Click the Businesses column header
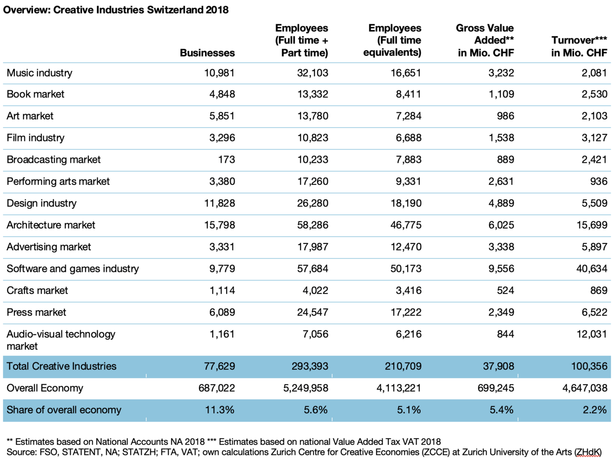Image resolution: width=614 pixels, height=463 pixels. coord(207,53)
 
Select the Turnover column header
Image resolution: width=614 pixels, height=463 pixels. coord(579,47)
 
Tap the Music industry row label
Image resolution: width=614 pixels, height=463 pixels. coord(39,73)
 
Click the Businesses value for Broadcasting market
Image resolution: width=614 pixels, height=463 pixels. coord(226,159)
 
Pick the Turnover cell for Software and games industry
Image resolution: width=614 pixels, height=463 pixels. coord(591,268)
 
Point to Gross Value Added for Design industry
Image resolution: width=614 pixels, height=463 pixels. coord(501,203)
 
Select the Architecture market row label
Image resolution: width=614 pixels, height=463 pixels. coord(51,225)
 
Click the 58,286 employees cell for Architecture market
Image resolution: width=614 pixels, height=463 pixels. coord(313,225)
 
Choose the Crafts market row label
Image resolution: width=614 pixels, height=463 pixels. coord(37,291)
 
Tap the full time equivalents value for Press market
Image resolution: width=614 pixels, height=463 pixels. coord(406,312)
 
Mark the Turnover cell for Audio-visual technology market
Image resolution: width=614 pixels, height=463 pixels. coord(591,334)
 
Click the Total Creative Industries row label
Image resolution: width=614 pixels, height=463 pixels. coord(61,366)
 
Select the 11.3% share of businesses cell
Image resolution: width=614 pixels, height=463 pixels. coord(219,410)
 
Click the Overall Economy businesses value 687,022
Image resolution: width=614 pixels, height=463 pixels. coord(217,388)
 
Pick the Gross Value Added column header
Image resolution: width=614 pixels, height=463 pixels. coord(485,40)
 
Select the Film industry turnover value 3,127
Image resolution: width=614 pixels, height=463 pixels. coord(594,138)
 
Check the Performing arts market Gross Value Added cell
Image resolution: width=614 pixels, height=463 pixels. coord(501,182)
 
